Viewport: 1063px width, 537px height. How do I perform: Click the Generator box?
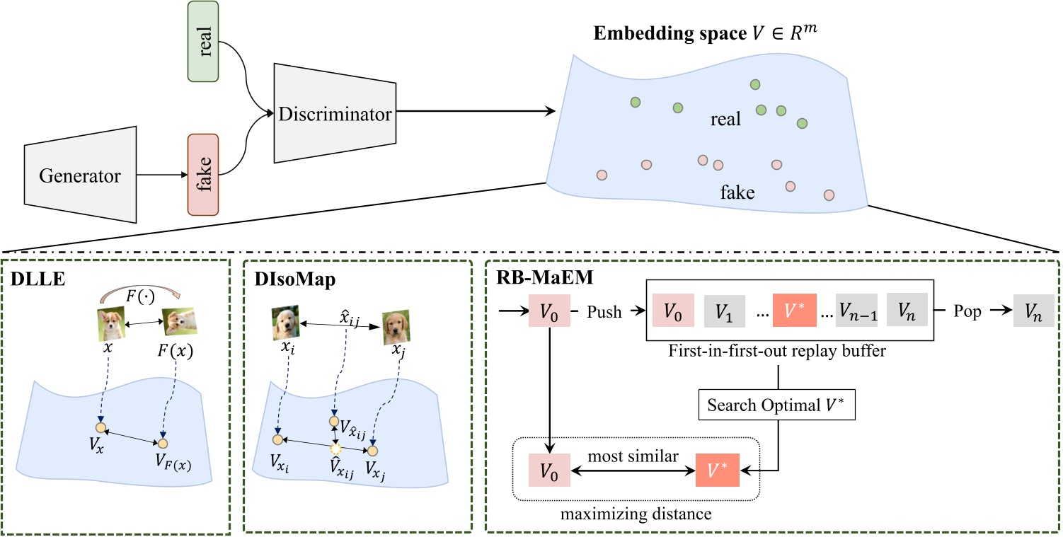(x=79, y=175)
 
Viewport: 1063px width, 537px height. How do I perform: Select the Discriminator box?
(x=334, y=112)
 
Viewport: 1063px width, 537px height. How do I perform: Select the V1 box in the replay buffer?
(x=723, y=312)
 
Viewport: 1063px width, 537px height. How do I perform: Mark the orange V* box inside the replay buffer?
(x=793, y=312)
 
